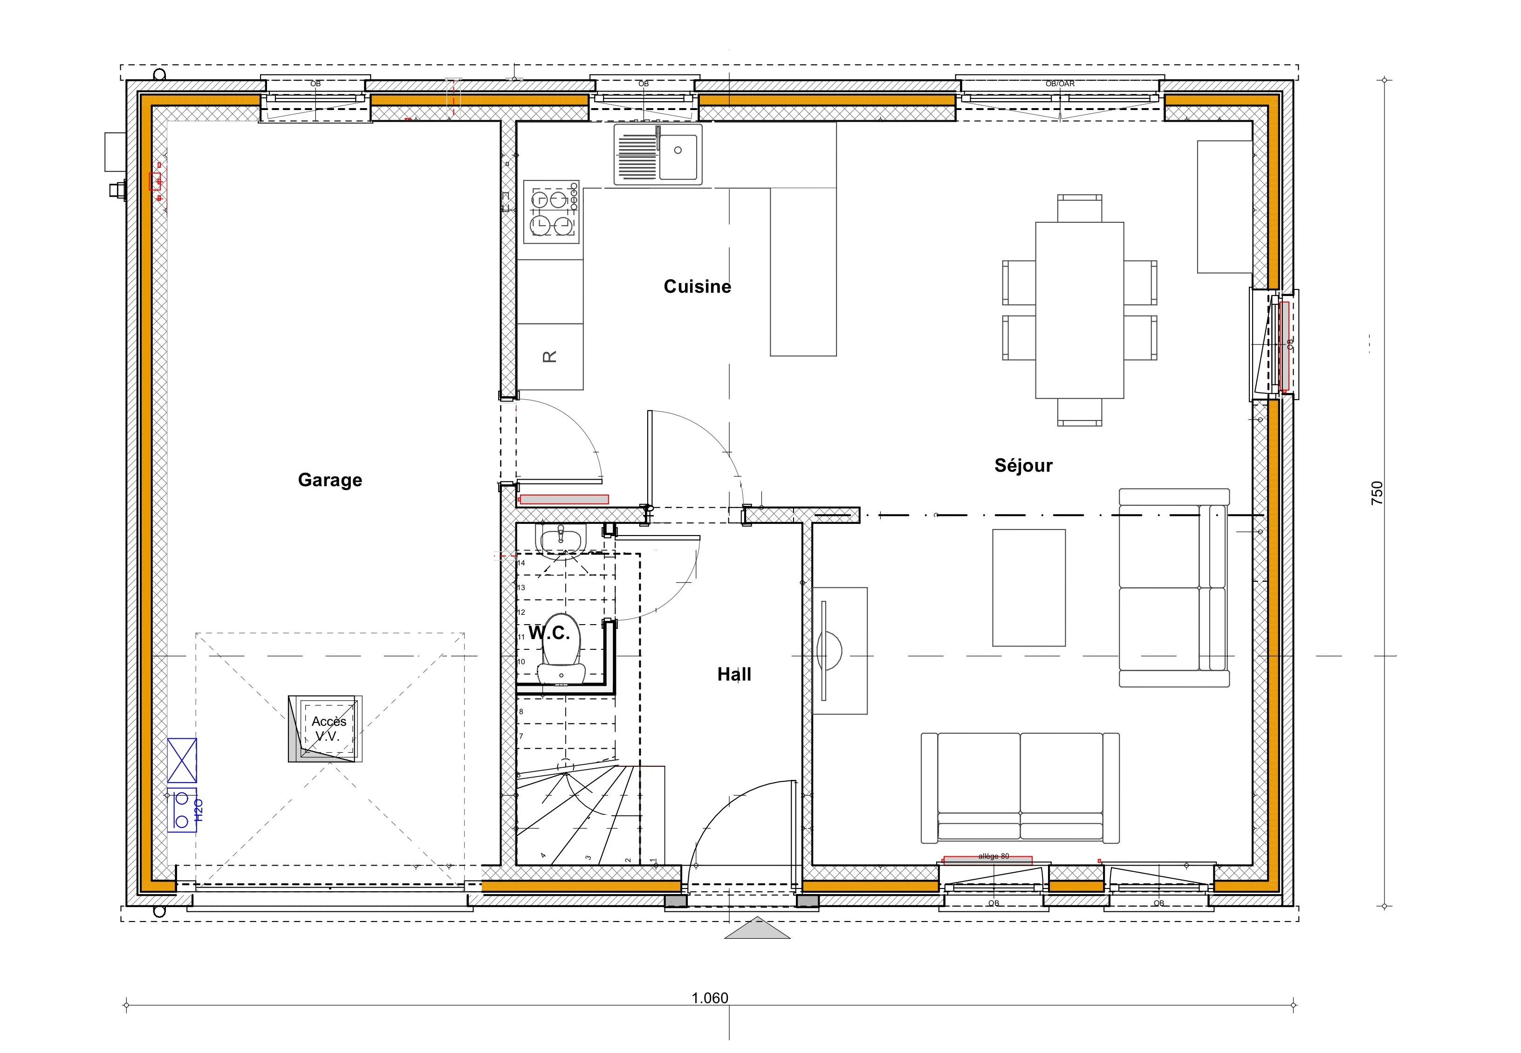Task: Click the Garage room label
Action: [330, 480]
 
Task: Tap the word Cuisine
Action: [697, 286]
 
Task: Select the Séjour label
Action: [1023, 466]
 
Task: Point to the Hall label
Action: [734, 674]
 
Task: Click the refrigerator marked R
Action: [550, 356]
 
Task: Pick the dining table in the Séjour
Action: [1079, 310]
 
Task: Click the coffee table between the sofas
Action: [1028, 587]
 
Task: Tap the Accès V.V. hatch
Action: [325, 729]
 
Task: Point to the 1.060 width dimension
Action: [710, 998]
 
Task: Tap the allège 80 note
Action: [993, 856]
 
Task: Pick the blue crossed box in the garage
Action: [182, 761]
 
